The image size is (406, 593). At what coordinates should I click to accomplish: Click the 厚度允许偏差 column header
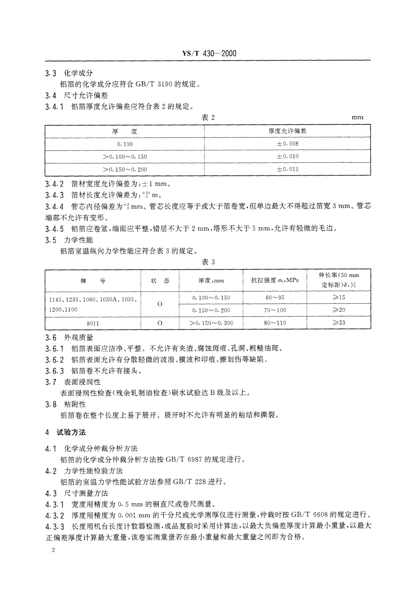point(287,131)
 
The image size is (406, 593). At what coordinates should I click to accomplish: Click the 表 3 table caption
point(208,262)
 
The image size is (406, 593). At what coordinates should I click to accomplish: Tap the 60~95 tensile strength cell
point(275,298)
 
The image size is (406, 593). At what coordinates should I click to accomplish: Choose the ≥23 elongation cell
point(339,323)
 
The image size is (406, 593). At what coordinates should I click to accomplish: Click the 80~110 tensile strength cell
point(275,323)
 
